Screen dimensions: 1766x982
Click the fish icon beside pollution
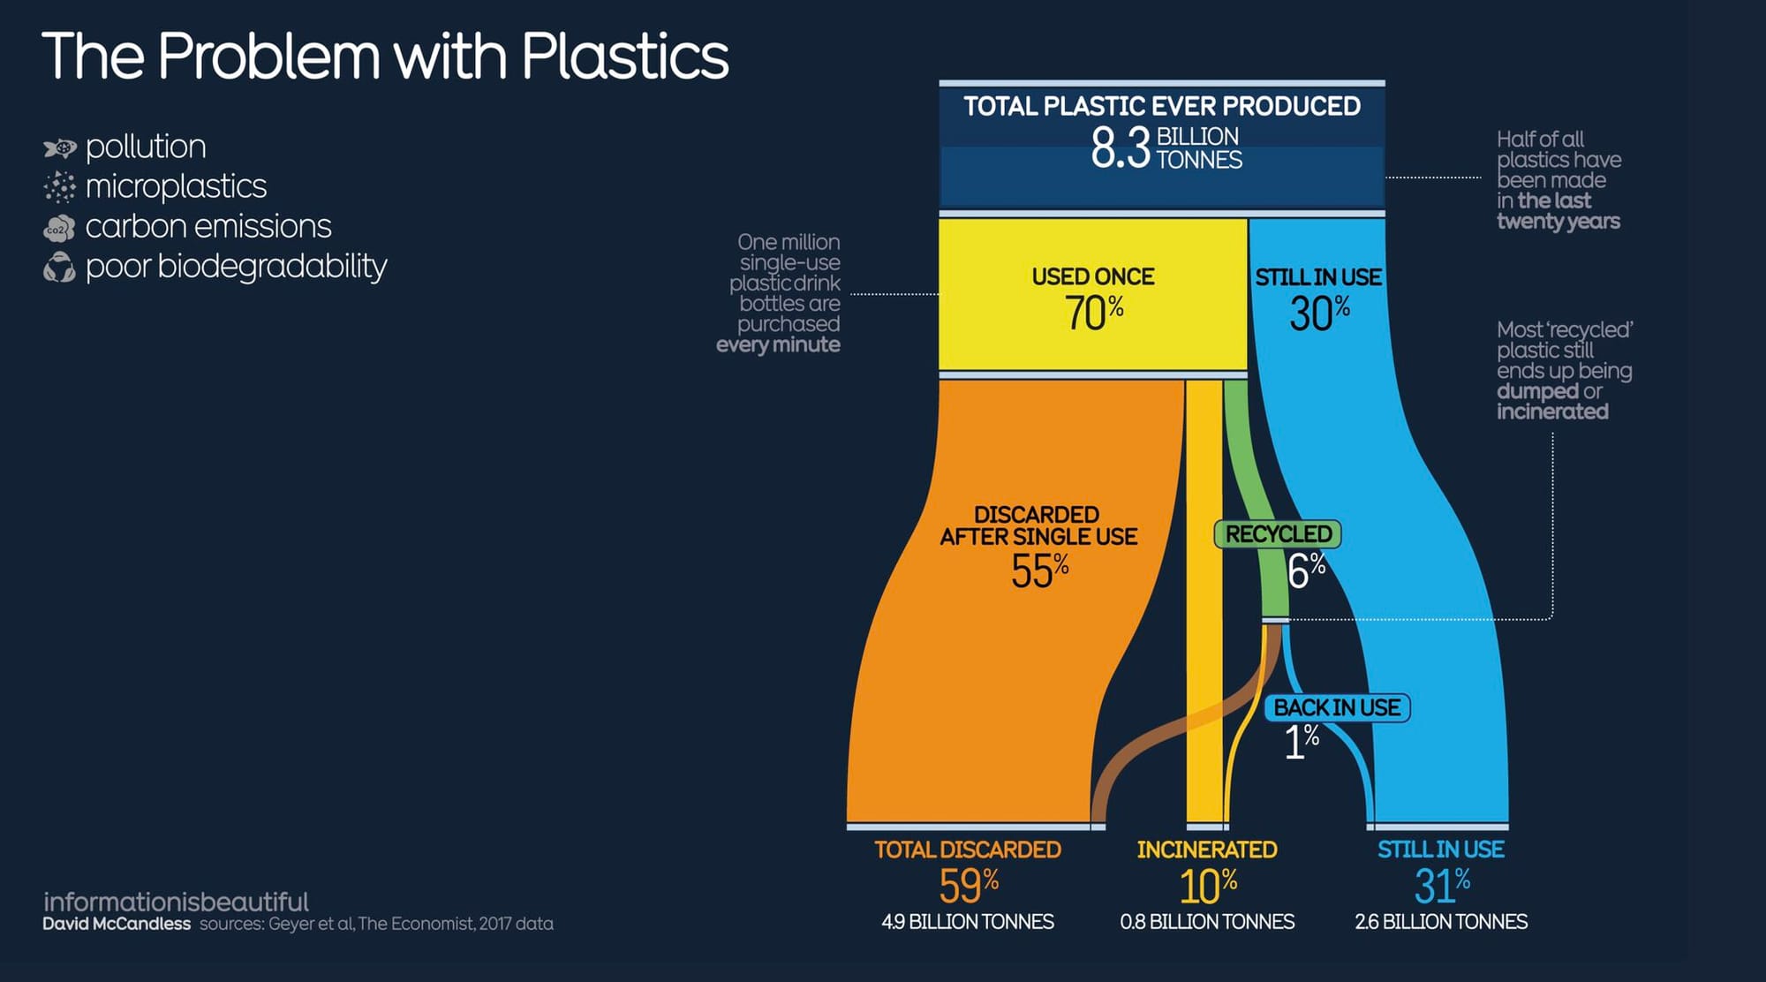click(x=60, y=147)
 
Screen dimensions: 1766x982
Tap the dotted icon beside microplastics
click(x=60, y=187)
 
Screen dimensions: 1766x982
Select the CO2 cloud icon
click(x=59, y=229)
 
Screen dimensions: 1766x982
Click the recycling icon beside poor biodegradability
click(x=59, y=268)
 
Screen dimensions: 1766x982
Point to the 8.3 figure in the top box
click(x=1121, y=147)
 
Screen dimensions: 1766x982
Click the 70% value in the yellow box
click(x=1094, y=313)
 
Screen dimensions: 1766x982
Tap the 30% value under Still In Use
click(x=1319, y=313)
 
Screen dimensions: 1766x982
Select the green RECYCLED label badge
click(x=1278, y=534)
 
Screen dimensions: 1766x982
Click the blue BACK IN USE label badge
click(x=1337, y=707)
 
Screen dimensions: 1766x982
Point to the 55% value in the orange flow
click(x=1040, y=570)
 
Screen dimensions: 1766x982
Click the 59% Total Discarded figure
click(x=969, y=885)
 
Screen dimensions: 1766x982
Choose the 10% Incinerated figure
click(x=1208, y=885)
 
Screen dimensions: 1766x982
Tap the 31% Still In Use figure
click(x=1442, y=885)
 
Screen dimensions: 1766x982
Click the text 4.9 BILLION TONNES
click(x=968, y=922)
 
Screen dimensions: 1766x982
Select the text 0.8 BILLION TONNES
click(x=1207, y=922)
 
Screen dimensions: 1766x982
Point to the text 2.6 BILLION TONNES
click(x=1441, y=922)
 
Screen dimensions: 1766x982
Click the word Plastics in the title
click(x=625, y=57)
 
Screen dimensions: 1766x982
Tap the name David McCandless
click(x=117, y=924)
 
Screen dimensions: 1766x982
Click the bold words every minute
click(x=778, y=344)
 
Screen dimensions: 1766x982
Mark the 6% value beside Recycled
click(x=1306, y=570)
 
